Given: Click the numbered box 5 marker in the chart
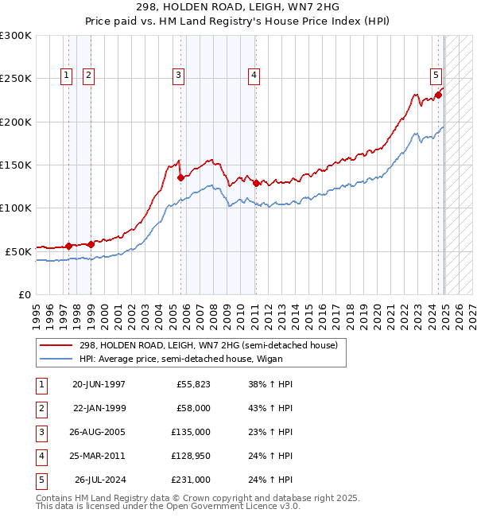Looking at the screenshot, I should tap(436, 76).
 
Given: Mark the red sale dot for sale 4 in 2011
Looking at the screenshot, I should tap(256, 183).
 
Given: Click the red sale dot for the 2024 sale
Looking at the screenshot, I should tap(438, 95).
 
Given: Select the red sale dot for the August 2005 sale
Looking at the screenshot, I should tap(180, 178).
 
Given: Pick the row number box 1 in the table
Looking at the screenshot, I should tap(40, 384).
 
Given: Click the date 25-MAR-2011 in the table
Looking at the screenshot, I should tap(99, 456).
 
